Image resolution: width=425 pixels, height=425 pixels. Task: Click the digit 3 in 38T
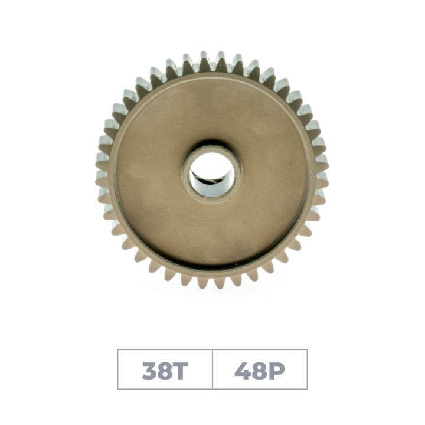click(x=149, y=370)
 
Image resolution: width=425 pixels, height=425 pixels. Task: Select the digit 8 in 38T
click(x=165, y=370)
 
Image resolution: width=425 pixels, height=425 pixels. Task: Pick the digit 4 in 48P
click(x=243, y=370)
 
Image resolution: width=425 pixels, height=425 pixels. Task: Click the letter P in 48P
click(x=276, y=370)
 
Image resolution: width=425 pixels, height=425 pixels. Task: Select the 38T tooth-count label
click(x=165, y=370)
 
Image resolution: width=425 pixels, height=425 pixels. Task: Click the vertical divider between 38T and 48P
click(x=212, y=369)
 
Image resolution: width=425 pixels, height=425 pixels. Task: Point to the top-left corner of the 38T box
click(x=118, y=349)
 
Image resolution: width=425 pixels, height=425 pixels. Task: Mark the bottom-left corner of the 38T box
click(x=118, y=389)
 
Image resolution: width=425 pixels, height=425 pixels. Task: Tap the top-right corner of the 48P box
click(x=307, y=349)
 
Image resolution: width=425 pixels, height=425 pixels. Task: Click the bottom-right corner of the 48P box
click(x=307, y=389)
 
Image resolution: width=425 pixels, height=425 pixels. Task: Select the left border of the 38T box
click(x=118, y=369)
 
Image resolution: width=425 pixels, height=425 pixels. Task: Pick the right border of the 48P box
click(x=307, y=369)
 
